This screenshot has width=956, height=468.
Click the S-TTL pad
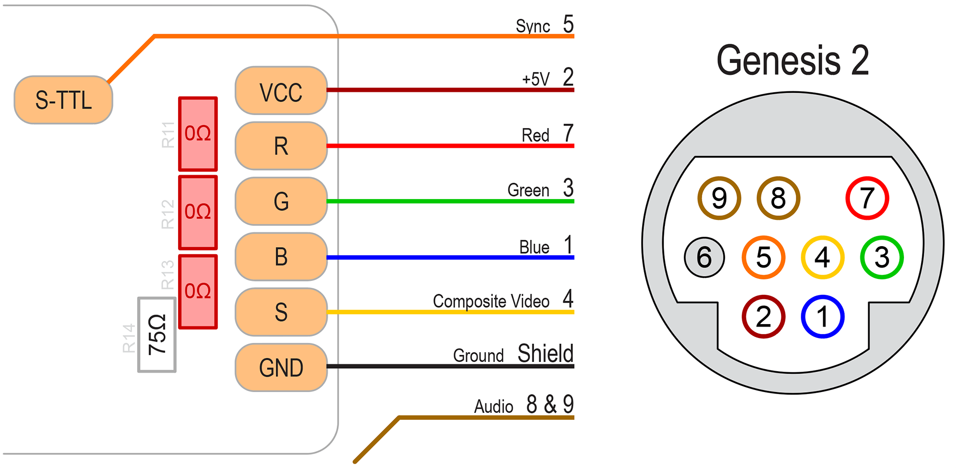pyautogui.click(x=63, y=100)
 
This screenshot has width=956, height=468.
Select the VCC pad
pyautogui.click(x=281, y=91)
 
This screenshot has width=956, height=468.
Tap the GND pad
pyautogui.click(x=281, y=367)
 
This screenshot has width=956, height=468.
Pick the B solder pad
pyautogui.click(x=281, y=257)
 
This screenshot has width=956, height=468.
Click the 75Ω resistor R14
pyautogui.click(x=157, y=334)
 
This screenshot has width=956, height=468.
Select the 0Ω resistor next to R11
pyautogui.click(x=198, y=134)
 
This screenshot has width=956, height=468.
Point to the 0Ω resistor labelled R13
pyautogui.click(x=198, y=291)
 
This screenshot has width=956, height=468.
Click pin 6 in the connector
pyautogui.click(x=704, y=257)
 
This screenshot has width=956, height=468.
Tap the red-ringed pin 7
pyautogui.click(x=867, y=198)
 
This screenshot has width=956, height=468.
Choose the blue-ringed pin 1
pyautogui.click(x=823, y=317)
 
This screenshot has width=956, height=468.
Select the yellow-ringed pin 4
pyautogui.click(x=823, y=257)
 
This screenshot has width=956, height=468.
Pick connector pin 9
pyautogui.click(x=719, y=198)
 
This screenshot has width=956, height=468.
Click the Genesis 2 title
pyautogui.click(x=792, y=61)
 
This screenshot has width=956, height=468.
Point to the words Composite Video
pyautogui.click(x=491, y=301)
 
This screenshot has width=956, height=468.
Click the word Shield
pyautogui.click(x=545, y=353)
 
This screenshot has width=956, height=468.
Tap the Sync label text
pyautogui.click(x=533, y=26)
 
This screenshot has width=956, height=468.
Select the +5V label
pyautogui.click(x=536, y=79)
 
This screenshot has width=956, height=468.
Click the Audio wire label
pyautogui.click(x=493, y=406)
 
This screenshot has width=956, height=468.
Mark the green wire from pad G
pyautogui.click(x=446, y=201)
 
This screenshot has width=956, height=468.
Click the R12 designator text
pyautogui.click(x=168, y=214)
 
